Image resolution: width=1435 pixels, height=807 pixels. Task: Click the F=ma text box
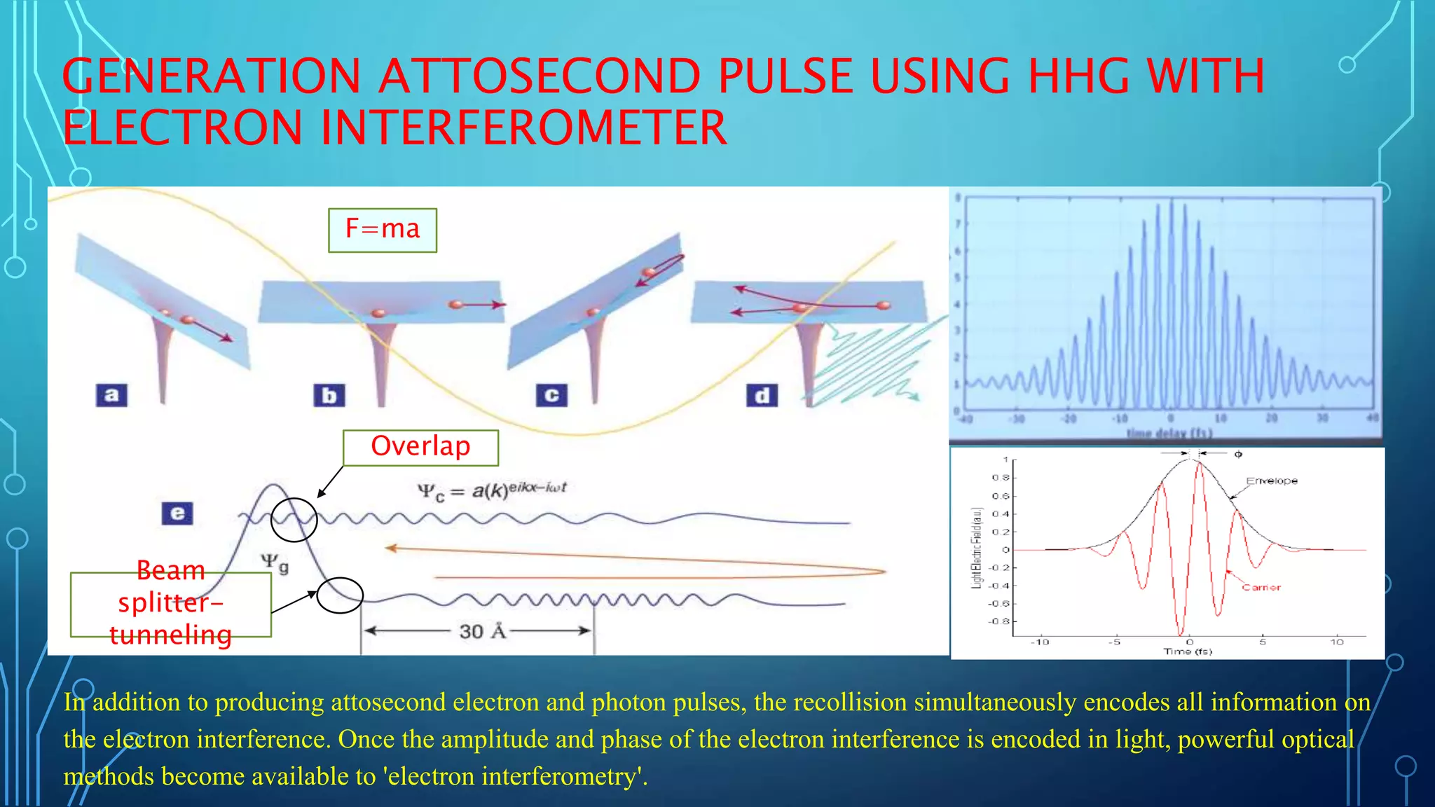[383, 230]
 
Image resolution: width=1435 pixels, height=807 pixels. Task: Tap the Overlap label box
[420, 447]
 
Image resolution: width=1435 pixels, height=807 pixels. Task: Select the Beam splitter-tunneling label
[170, 603]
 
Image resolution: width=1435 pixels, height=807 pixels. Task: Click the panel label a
[111, 395]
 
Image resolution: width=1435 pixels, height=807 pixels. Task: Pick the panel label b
[329, 396]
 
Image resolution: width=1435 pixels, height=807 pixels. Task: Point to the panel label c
[551, 395]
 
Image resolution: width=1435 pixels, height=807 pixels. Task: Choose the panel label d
[762, 396]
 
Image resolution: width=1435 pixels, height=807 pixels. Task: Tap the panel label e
[177, 513]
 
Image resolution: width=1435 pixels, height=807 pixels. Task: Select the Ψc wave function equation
[492, 490]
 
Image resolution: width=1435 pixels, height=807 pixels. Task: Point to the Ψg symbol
[275, 563]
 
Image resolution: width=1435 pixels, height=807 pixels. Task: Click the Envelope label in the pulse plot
[1272, 481]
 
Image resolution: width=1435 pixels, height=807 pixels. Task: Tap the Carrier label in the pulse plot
[1261, 588]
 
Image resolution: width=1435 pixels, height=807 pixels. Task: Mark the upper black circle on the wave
[294, 520]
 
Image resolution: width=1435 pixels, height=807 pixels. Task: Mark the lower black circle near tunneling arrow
[340, 595]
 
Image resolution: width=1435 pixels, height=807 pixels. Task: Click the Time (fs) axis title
[1188, 651]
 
